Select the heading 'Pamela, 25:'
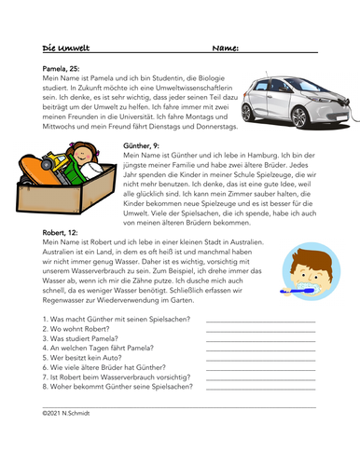click(62, 68)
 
